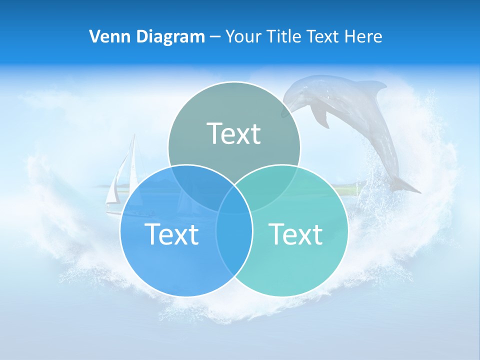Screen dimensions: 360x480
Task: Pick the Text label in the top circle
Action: [x=233, y=133]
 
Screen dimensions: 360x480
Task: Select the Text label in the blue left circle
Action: [x=171, y=233]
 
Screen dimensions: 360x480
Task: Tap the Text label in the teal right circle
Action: [x=296, y=233]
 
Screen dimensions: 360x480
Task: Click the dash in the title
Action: [x=215, y=36]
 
